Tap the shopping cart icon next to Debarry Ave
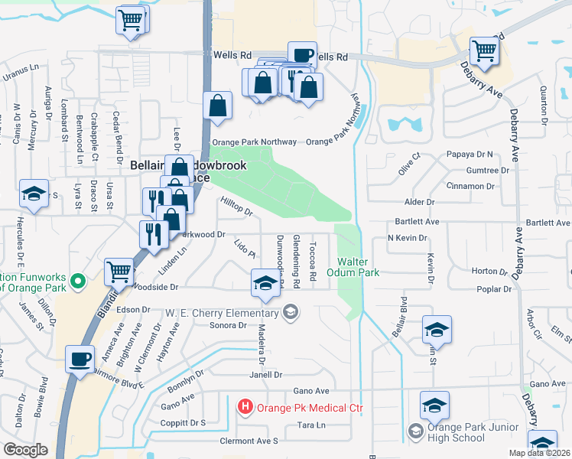[484, 51]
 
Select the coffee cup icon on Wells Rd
[302, 55]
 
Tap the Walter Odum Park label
[353, 267]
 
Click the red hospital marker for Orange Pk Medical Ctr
[245, 407]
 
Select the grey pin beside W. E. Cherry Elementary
[290, 312]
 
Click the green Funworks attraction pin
[77, 282]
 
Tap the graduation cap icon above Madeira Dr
[265, 284]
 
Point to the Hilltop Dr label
[236, 205]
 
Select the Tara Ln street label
[311, 425]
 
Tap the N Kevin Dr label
[407, 238]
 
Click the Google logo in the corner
[25, 450]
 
